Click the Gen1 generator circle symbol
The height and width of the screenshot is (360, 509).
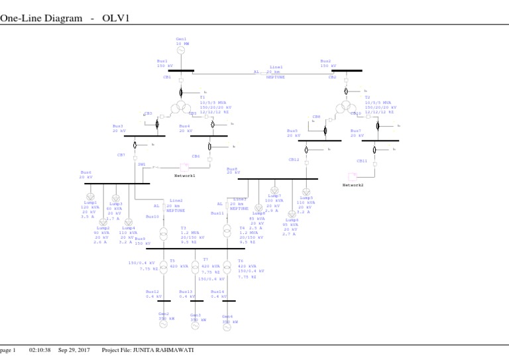(x=181, y=50)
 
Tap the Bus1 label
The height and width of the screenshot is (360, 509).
(x=162, y=61)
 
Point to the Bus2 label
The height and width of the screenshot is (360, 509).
(x=325, y=61)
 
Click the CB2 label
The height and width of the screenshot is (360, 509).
(x=332, y=78)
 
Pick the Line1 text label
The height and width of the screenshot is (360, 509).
(x=276, y=67)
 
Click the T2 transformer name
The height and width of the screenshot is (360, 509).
(x=367, y=97)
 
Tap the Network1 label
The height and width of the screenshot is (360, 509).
(x=185, y=176)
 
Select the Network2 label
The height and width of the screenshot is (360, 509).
(x=353, y=185)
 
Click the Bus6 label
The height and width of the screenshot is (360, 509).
(x=86, y=172)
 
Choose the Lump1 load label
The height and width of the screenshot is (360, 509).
(x=90, y=202)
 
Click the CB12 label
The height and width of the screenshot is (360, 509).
(x=294, y=160)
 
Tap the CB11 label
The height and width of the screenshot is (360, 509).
(x=362, y=160)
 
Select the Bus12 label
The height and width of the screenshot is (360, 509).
(x=152, y=291)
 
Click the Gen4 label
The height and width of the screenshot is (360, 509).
(x=227, y=316)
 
